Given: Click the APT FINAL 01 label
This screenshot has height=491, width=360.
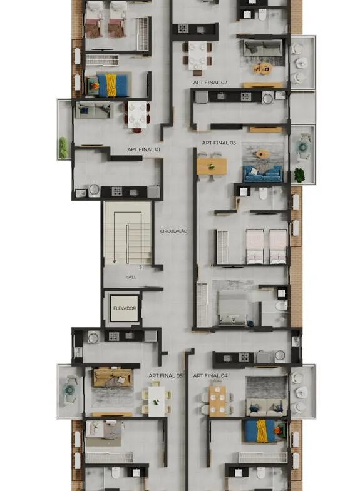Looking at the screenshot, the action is [x=144, y=149].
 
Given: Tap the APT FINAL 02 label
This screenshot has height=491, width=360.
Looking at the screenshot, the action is [x=210, y=83].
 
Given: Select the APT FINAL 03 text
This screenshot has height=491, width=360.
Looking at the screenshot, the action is [x=219, y=143].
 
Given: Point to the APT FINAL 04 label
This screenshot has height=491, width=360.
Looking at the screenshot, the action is [x=210, y=375].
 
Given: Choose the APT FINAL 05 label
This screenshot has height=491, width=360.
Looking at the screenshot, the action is [x=165, y=375].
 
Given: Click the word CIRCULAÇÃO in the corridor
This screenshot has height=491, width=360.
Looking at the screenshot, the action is [x=173, y=231].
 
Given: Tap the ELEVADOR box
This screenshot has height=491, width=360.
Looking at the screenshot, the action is [x=125, y=308].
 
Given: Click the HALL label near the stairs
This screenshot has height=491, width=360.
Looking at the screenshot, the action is [x=131, y=277].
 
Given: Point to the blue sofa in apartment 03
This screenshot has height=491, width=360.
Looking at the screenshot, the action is [x=262, y=174].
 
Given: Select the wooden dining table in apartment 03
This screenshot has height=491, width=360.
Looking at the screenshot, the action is [x=212, y=166].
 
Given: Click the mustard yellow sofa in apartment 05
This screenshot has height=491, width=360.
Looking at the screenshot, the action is [x=113, y=377].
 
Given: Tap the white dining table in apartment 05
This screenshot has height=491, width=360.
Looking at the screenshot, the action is [x=157, y=401].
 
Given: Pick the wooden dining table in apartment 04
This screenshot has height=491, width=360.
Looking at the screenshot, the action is [x=217, y=401].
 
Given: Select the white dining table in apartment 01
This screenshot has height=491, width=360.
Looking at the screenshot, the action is [x=137, y=114].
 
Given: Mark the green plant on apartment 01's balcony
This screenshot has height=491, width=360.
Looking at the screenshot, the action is [x=63, y=148].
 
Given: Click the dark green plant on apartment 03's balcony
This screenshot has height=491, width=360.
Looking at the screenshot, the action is [x=299, y=175].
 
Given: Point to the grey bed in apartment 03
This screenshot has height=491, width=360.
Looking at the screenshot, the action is [x=232, y=307].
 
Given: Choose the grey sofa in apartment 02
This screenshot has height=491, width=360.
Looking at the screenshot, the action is [x=262, y=48].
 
